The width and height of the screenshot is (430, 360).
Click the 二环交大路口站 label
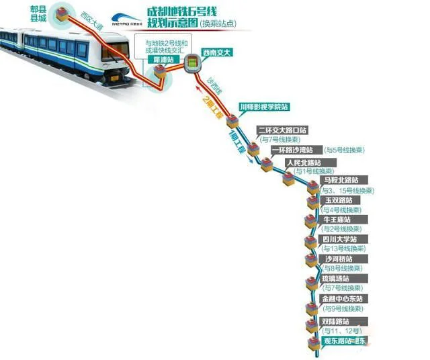[282, 130]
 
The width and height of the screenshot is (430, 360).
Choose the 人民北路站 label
[302, 163]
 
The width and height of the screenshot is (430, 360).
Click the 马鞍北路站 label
[341, 180]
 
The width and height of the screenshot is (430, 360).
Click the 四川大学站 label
[340, 239]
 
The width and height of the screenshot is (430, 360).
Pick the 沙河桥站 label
[338, 259]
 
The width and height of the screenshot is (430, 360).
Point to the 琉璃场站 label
[338, 278]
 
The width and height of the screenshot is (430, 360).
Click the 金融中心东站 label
[342, 298]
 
